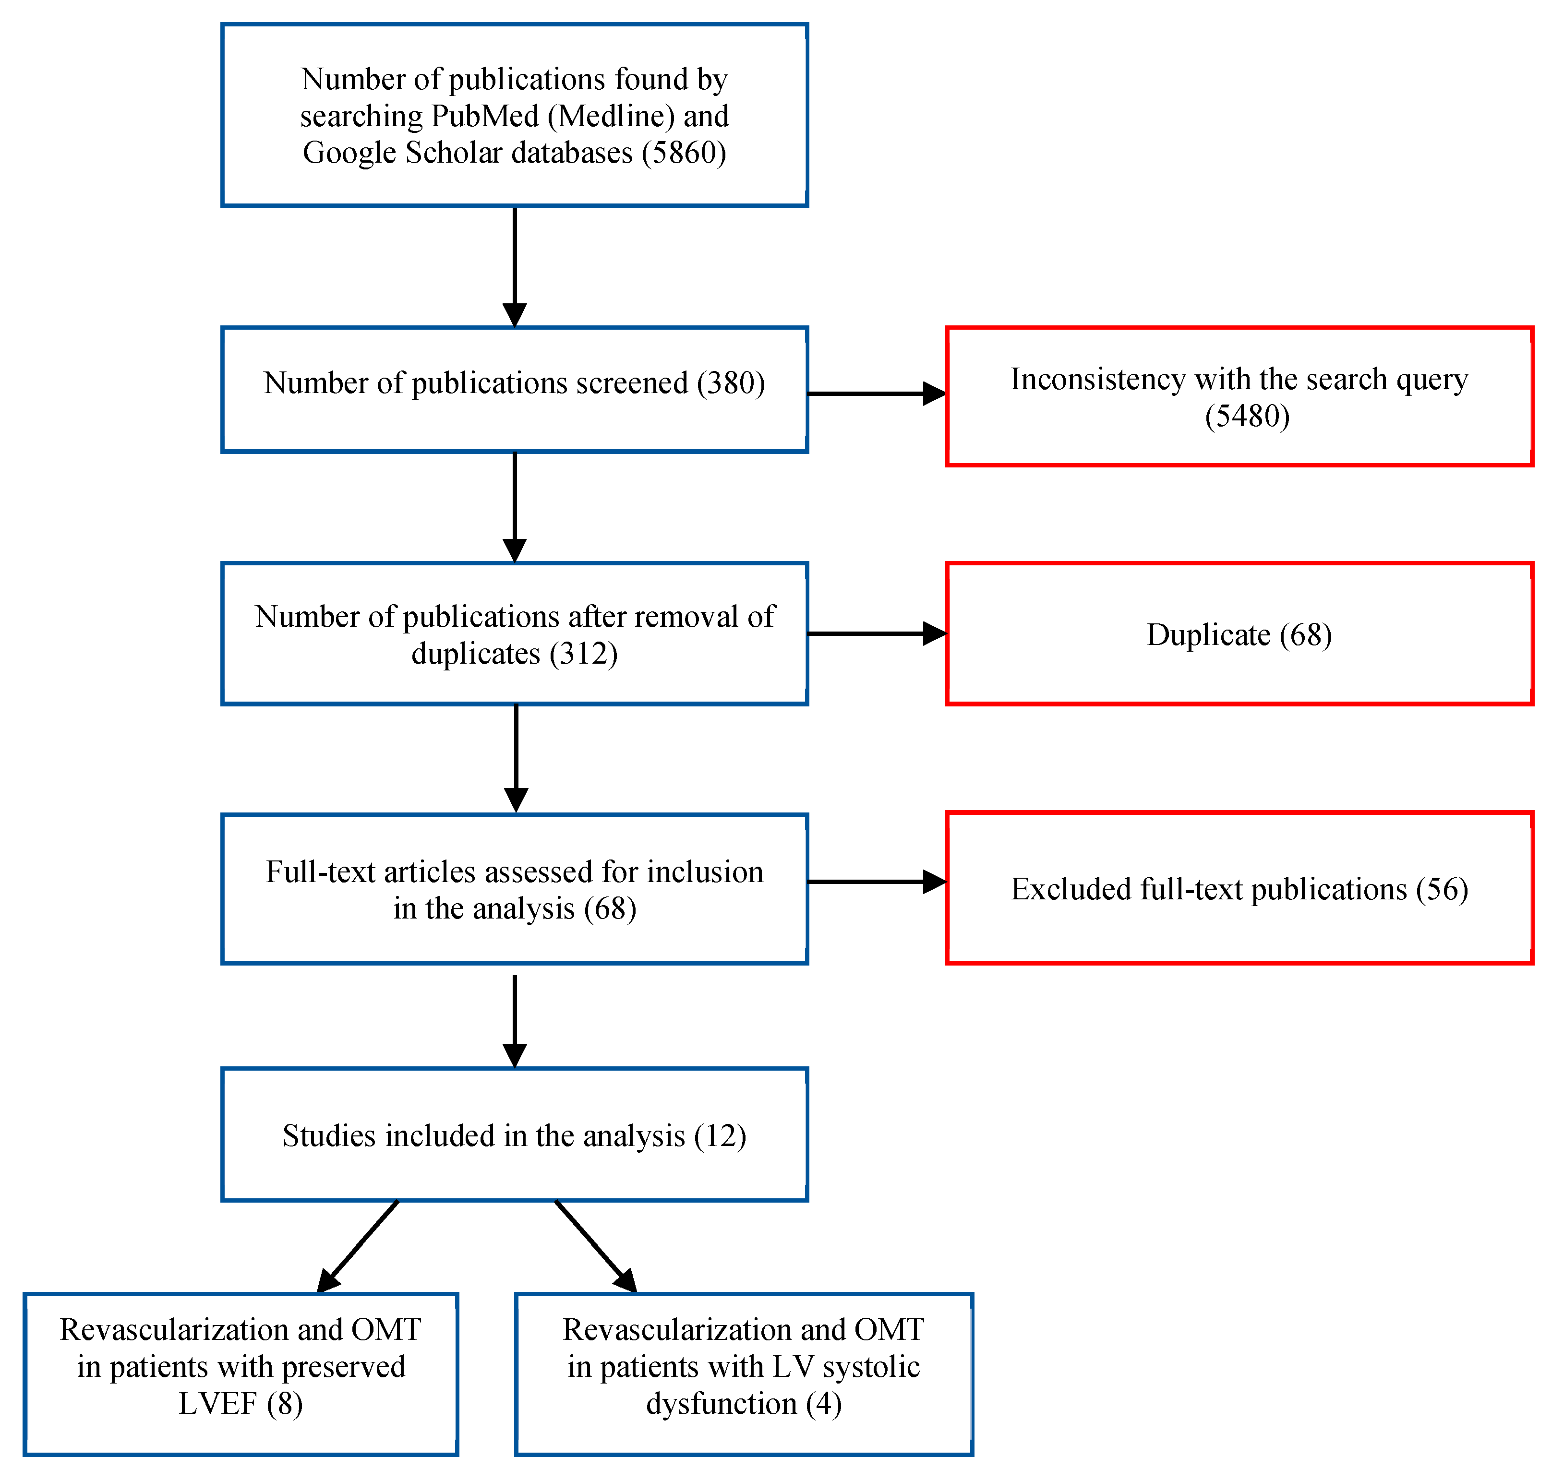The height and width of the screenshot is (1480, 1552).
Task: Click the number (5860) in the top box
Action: [x=683, y=152]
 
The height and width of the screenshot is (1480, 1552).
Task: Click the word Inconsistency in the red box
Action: [x=1097, y=380]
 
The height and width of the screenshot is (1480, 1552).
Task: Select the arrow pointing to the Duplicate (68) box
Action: [x=876, y=633]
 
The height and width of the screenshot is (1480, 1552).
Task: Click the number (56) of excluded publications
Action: [x=1442, y=889]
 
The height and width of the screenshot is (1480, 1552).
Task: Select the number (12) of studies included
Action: [x=720, y=1136]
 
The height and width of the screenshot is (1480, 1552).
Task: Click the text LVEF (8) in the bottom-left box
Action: [x=240, y=1404]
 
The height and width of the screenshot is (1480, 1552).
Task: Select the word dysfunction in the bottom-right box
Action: [x=721, y=1404]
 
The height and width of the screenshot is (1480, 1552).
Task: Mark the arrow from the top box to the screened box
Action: [x=515, y=266]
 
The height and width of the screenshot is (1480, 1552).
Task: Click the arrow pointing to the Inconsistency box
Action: [x=876, y=393]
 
